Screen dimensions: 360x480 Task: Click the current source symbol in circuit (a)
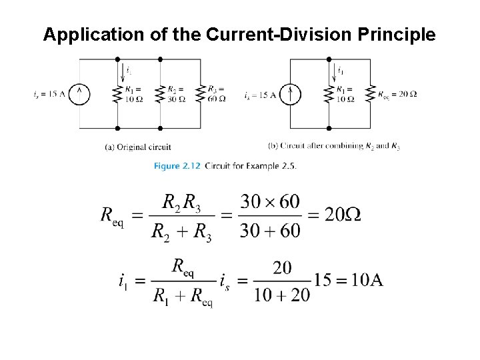tap(80, 94)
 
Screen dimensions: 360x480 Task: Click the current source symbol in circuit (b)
tap(291, 94)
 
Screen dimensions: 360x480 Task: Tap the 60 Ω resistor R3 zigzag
tap(201, 94)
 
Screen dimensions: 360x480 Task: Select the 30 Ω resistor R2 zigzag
tap(160, 94)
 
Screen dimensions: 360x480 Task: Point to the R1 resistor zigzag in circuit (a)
tap(117, 94)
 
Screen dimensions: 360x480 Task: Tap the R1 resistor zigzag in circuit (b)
tap(328, 94)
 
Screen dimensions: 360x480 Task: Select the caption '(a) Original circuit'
tap(139, 147)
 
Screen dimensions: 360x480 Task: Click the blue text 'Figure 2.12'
tap(178, 165)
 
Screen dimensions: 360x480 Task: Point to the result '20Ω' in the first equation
tap(343, 215)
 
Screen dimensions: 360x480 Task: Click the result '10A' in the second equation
tap(367, 280)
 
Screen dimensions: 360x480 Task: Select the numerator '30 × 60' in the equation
tap(270, 201)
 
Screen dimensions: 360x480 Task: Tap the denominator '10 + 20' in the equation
tap(282, 295)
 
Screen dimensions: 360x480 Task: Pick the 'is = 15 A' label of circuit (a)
tap(49, 94)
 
